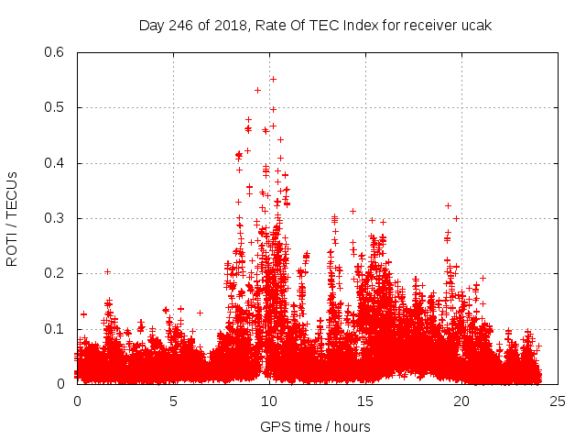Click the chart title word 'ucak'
[x=477, y=25]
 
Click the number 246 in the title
[x=179, y=25]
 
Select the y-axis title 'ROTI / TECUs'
[x=13, y=217]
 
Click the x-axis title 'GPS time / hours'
[x=315, y=426]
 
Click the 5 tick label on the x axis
[x=173, y=401]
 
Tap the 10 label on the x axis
[x=269, y=401]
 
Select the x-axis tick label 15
[x=365, y=401]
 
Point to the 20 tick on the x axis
[x=461, y=401]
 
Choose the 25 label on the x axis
[x=558, y=401]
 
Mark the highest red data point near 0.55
[x=273, y=79]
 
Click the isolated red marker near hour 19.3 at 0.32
[x=448, y=205]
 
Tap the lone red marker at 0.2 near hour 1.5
[x=107, y=271]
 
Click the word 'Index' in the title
[x=359, y=25]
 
